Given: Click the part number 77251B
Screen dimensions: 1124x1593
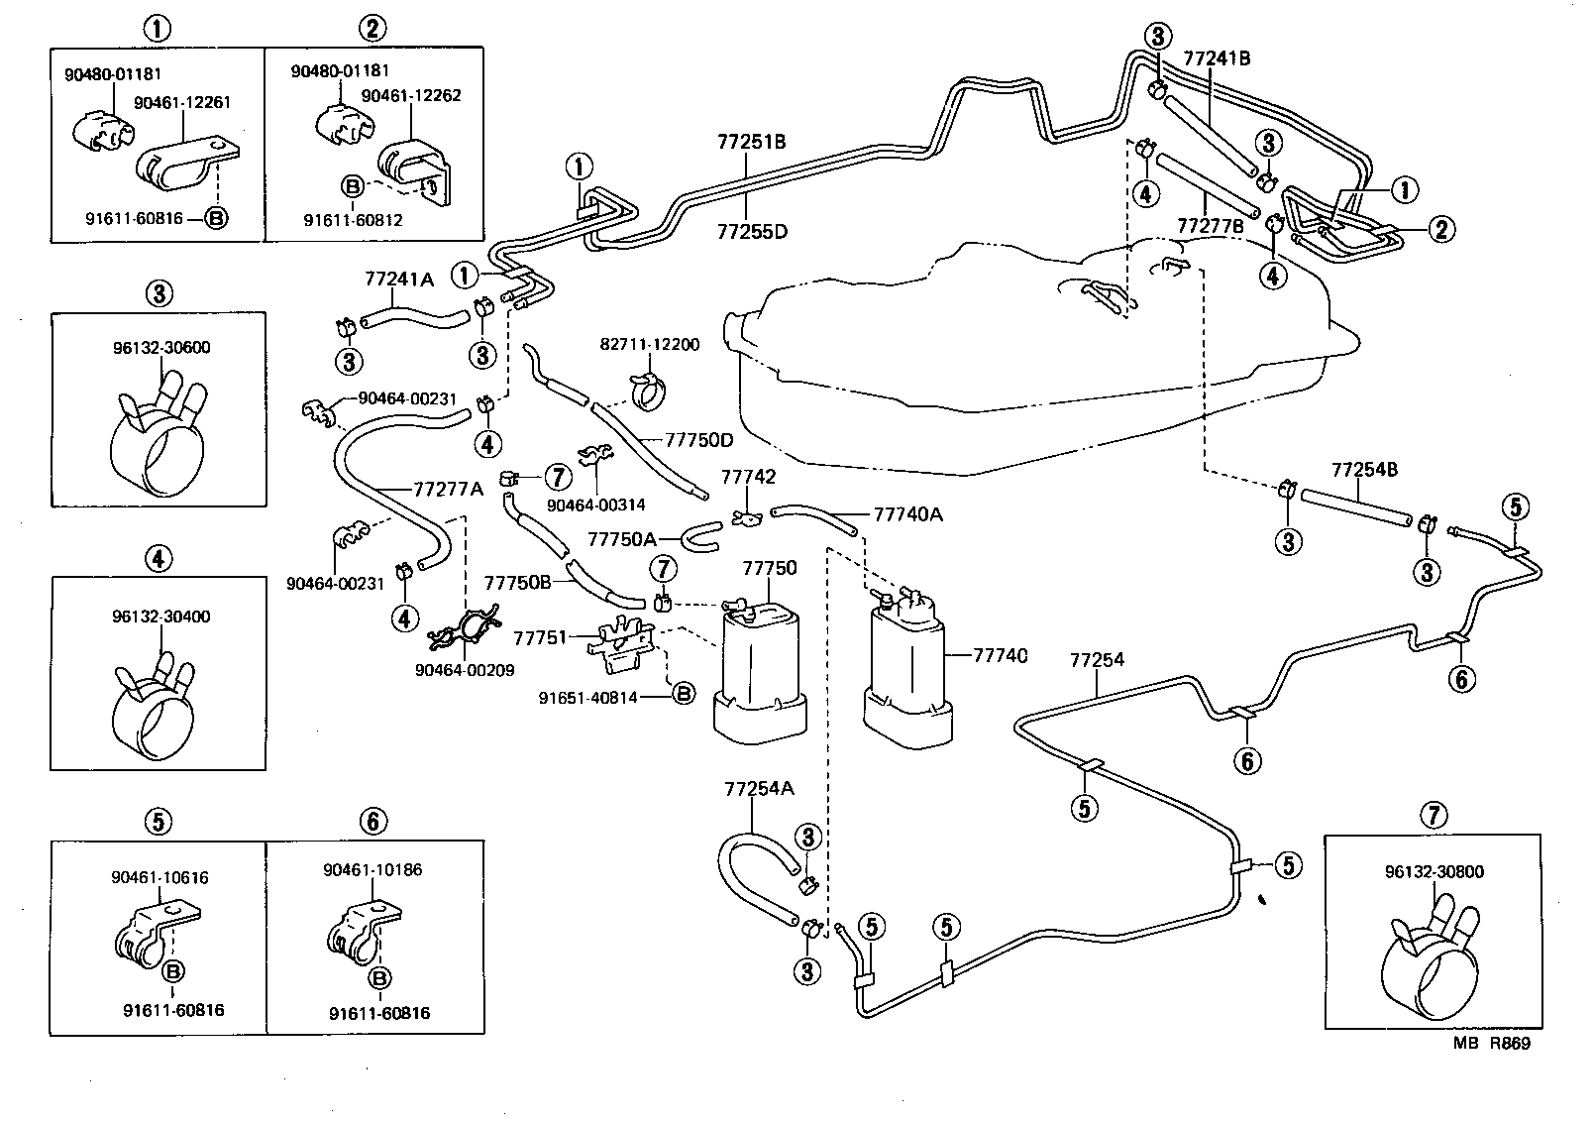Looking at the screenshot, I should tap(751, 142).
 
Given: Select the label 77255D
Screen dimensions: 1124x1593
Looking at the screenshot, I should tap(751, 232).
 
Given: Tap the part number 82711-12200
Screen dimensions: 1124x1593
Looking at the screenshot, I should tap(649, 345).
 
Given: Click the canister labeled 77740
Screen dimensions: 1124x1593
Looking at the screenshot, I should tap(907, 674).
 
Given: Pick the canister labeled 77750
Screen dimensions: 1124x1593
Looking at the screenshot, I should tap(757, 674).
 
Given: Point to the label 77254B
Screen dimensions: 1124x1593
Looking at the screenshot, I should tap(1364, 469).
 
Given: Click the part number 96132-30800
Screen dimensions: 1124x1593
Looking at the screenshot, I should tap(1434, 872).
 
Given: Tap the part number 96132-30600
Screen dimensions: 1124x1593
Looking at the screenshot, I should tap(160, 348).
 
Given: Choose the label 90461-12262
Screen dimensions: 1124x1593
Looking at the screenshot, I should tap(410, 96).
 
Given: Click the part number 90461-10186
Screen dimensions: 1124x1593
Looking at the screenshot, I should tap(372, 870).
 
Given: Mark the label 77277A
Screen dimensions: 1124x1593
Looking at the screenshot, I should tap(448, 489).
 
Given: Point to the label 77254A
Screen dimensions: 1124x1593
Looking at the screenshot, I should tap(759, 789).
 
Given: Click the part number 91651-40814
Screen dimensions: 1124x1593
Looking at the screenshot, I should tap(588, 697).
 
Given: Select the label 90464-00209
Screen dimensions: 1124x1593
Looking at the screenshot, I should tap(465, 670).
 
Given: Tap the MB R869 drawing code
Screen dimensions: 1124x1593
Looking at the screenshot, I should tap(1491, 1044).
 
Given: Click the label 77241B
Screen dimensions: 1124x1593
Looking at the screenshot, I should tap(1217, 58).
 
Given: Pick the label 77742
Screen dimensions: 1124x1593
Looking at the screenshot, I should tap(748, 478).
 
